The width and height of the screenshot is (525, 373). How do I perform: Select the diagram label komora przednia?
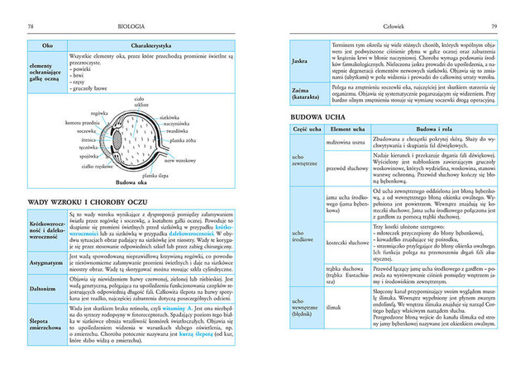pyautogui.click(x=82, y=123)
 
